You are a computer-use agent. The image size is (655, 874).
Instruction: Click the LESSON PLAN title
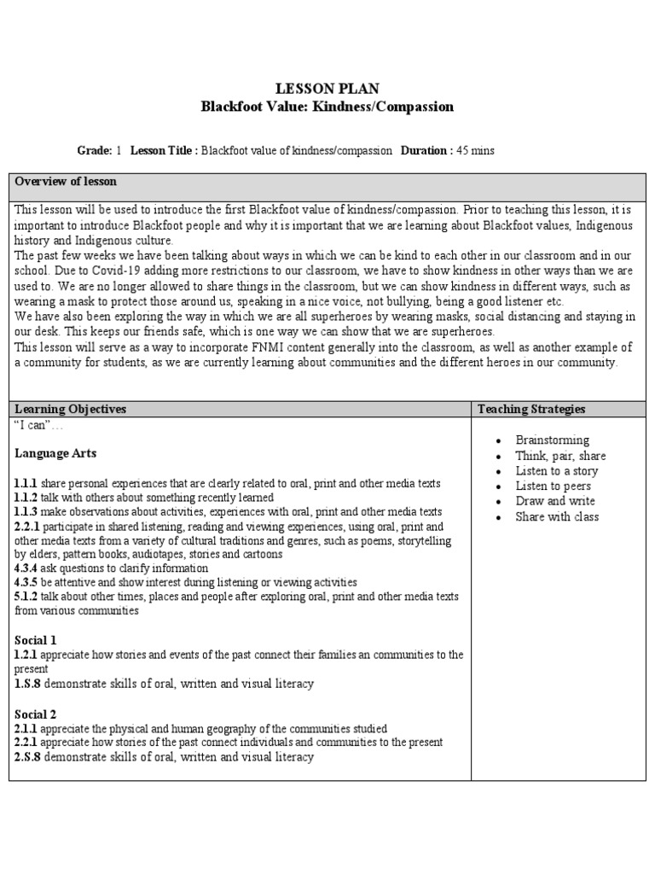tap(327, 89)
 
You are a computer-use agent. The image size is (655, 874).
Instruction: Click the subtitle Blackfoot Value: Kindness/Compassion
tap(327, 107)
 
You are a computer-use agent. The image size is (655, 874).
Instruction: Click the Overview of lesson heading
tap(67, 182)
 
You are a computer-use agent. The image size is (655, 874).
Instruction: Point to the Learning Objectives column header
tap(71, 409)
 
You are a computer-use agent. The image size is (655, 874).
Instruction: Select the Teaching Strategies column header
tap(531, 409)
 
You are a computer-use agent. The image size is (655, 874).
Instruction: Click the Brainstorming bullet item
tap(552, 440)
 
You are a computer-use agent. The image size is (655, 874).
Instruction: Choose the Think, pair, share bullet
tap(560, 455)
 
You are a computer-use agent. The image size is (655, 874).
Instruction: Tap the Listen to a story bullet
tap(556, 470)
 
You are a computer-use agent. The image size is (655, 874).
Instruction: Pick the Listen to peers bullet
tap(555, 486)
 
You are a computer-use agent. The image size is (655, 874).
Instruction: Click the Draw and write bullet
tap(555, 501)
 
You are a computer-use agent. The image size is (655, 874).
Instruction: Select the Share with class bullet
tap(557, 516)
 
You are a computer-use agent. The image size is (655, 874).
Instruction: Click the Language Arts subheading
tap(55, 452)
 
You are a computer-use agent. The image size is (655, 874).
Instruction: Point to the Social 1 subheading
tap(36, 639)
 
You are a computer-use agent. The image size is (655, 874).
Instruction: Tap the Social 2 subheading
tap(36, 714)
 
